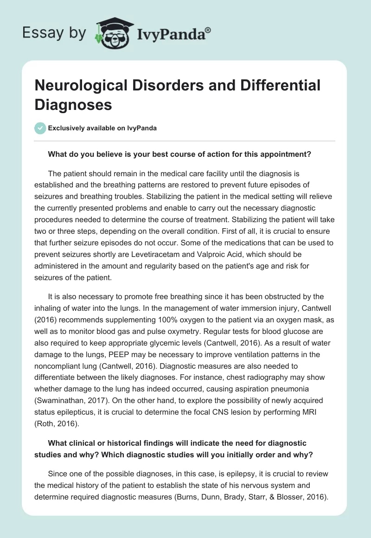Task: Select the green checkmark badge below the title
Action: [x=40, y=128]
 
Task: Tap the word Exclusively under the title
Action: [x=68, y=128]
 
